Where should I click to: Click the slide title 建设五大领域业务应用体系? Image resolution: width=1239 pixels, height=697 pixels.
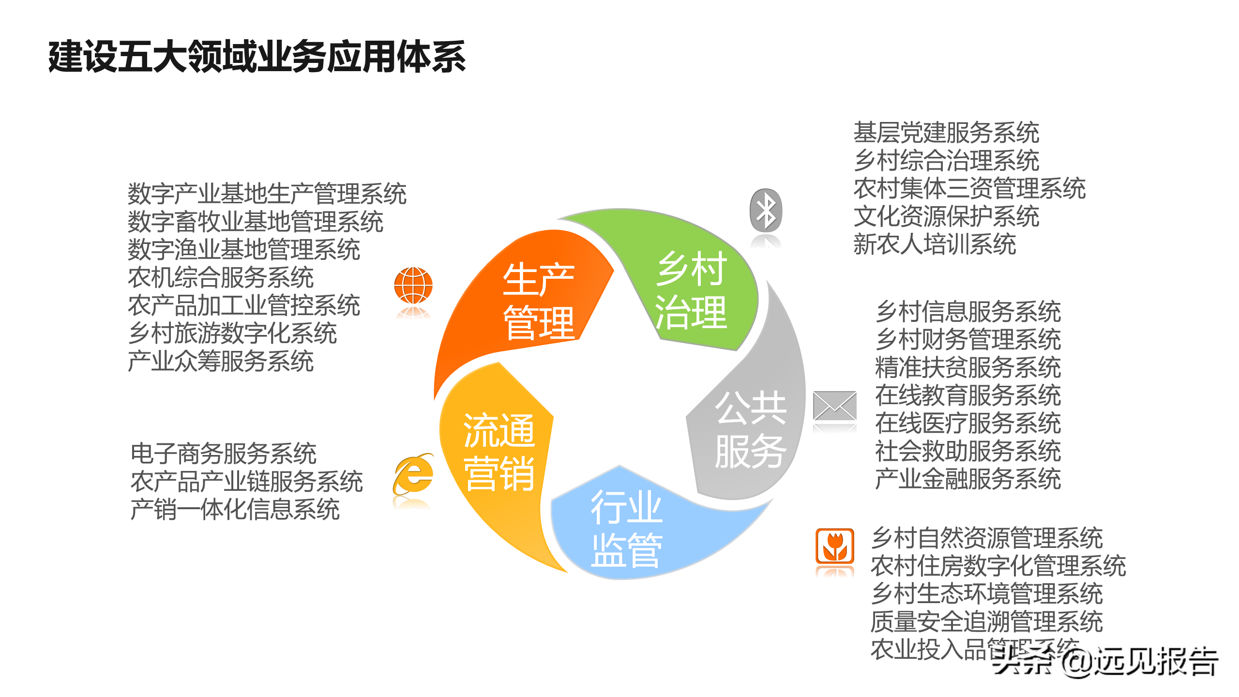tap(257, 57)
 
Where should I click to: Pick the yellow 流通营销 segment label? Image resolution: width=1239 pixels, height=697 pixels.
tap(499, 451)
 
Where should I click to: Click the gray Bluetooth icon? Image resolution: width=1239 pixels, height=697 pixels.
tap(766, 210)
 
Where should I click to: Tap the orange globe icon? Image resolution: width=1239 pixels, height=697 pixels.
tap(413, 286)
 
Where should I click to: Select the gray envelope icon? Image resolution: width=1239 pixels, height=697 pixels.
tap(834, 406)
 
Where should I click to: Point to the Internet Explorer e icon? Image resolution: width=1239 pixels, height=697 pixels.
tap(413, 474)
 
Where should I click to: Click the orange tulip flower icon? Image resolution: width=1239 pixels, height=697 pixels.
tap(834, 546)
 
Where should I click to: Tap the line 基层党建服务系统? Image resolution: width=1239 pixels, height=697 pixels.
tap(946, 133)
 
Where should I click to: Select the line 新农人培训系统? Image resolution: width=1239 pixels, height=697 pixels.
tap(934, 244)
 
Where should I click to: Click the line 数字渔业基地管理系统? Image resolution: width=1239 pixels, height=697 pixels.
tap(243, 250)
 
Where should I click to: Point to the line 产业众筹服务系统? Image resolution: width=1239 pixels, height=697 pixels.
tap(221, 361)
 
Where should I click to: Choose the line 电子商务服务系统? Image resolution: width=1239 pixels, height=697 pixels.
tap(223, 454)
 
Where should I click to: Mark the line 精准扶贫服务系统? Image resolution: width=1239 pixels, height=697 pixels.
tap(968, 367)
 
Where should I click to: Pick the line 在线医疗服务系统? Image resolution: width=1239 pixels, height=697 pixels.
tap(968, 423)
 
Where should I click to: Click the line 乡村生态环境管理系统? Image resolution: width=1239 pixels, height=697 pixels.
tap(986, 593)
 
